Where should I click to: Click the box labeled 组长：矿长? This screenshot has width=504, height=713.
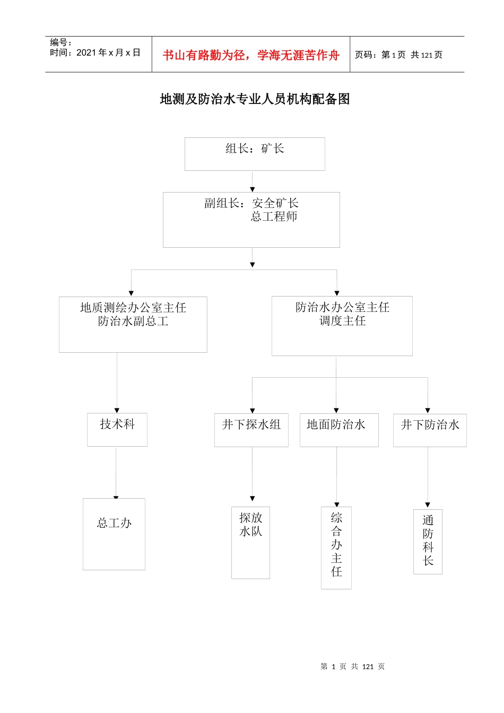[255, 154]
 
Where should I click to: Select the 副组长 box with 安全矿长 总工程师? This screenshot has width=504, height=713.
[251, 219]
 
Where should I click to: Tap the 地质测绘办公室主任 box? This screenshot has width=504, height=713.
[133, 324]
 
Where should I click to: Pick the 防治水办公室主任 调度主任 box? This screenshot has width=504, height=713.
[342, 325]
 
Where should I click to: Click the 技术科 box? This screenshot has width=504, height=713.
[117, 429]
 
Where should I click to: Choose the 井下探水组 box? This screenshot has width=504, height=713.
[251, 430]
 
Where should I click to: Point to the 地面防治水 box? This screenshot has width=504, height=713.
[339, 430]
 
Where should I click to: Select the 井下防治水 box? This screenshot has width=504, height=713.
[430, 430]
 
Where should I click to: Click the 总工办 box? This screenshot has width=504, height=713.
[114, 534]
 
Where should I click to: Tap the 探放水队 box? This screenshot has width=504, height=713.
[250, 542]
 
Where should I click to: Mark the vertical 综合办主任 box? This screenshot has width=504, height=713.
[336, 547]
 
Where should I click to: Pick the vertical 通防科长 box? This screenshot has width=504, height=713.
[428, 541]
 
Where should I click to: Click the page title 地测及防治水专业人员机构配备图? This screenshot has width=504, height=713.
[255, 99]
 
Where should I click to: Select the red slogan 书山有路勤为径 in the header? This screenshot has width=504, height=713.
[251, 55]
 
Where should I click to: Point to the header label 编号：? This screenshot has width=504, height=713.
[60, 42]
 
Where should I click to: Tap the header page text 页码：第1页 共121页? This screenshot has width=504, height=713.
[398, 55]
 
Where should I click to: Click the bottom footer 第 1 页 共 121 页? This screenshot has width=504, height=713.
[352, 666]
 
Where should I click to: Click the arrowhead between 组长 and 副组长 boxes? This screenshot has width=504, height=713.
[253, 189]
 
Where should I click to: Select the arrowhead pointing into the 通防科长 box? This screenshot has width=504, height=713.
[428, 505]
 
